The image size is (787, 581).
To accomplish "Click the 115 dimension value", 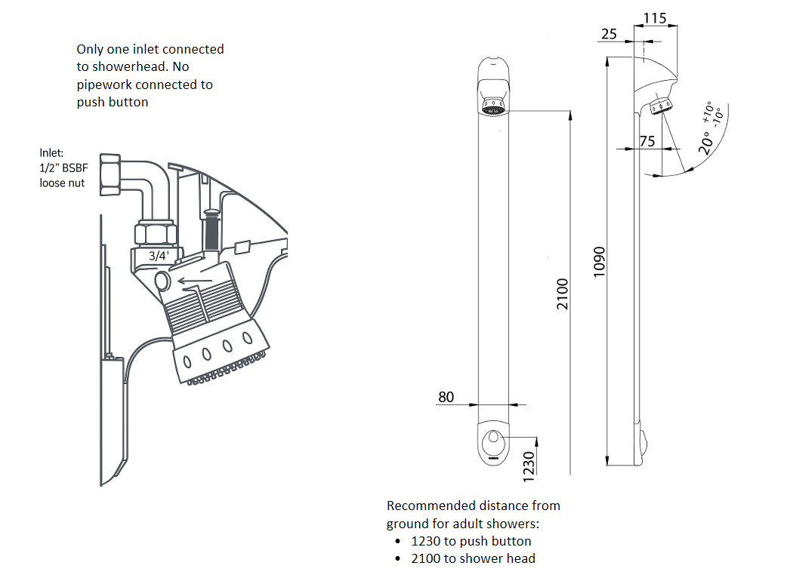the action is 655,18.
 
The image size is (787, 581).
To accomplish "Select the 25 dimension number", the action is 609,34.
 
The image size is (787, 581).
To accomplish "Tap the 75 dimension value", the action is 647,141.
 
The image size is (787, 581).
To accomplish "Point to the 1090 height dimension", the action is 599,262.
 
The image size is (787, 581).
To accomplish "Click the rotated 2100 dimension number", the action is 563,294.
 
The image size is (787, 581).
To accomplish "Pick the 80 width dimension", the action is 446,397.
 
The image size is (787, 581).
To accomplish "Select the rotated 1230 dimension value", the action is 529,467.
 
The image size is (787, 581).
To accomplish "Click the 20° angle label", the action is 705,143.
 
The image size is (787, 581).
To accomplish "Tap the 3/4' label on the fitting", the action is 159,256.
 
